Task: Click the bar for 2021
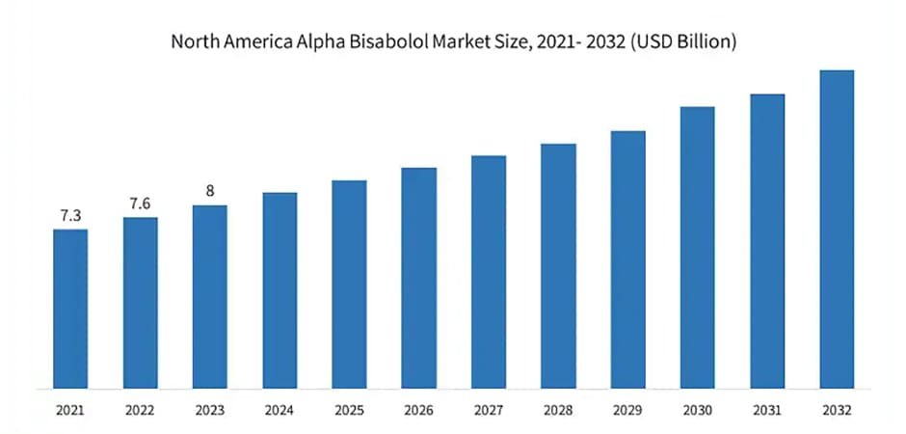(70, 309)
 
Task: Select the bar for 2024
(280, 290)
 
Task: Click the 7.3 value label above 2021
(70, 215)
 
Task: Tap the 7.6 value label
(140, 203)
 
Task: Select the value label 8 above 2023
(210, 191)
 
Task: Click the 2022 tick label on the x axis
(140, 409)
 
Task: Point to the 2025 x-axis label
(349, 409)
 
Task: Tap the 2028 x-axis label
(558, 409)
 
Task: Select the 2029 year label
(627, 409)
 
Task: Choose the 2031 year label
(767, 409)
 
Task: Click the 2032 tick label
(837, 409)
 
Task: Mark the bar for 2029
(627, 260)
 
